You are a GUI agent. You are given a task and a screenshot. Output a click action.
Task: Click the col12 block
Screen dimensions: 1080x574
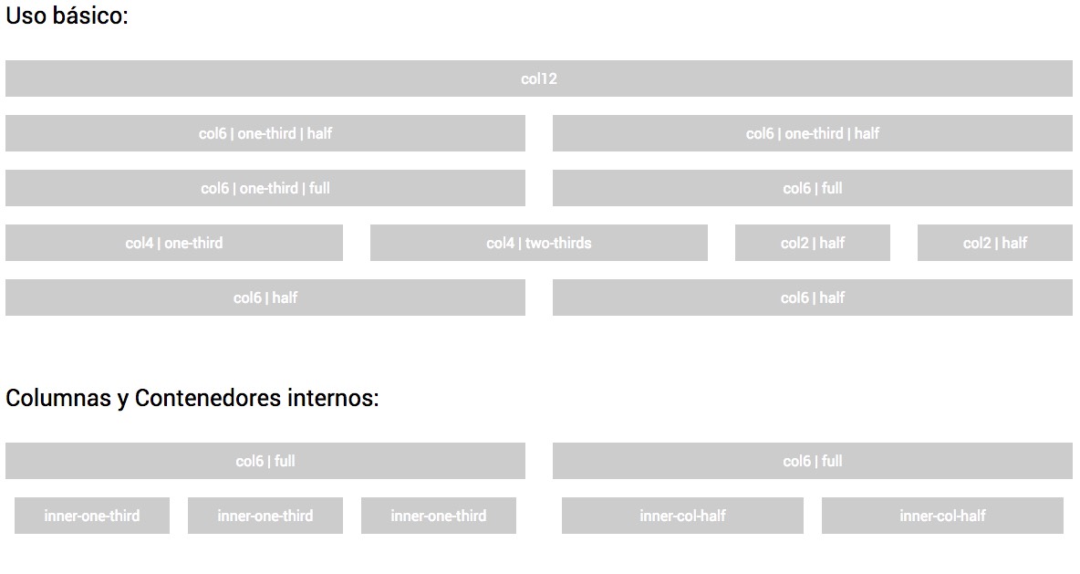click(538, 78)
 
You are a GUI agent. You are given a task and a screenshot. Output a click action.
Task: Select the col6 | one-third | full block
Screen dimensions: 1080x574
click(265, 188)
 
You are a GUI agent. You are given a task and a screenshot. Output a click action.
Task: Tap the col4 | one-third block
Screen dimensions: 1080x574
click(173, 243)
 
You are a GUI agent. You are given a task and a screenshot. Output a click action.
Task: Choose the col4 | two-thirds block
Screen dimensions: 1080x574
click(538, 243)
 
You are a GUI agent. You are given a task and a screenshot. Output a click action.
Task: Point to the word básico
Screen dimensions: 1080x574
click(92, 16)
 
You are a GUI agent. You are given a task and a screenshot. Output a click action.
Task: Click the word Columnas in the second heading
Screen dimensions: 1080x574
click(57, 399)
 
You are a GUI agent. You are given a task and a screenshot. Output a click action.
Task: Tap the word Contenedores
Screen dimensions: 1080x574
click(207, 399)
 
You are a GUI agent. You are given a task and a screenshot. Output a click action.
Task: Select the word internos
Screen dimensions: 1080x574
click(332, 399)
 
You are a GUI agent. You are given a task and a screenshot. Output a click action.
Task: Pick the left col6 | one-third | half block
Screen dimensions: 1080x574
click(265, 133)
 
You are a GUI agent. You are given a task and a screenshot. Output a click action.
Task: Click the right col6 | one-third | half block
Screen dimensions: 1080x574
click(812, 133)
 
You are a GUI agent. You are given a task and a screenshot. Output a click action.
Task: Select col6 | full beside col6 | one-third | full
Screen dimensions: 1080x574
click(812, 188)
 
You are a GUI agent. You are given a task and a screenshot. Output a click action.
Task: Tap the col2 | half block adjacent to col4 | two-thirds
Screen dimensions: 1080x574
click(812, 243)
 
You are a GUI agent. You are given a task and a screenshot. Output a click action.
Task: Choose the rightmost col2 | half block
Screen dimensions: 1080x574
click(994, 243)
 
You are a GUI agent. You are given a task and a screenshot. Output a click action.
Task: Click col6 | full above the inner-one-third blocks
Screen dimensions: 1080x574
click(265, 461)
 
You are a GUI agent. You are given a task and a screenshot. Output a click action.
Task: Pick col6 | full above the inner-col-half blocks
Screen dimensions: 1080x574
click(812, 461)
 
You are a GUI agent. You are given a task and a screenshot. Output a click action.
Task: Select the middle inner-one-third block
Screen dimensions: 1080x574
click(265, 516)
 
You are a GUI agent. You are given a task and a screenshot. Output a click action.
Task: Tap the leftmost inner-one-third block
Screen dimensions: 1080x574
click(91, 516)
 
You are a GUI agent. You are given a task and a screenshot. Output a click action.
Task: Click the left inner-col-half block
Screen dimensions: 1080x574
click(682, 516)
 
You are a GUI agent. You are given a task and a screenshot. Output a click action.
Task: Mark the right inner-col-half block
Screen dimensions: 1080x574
click(942, 516)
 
